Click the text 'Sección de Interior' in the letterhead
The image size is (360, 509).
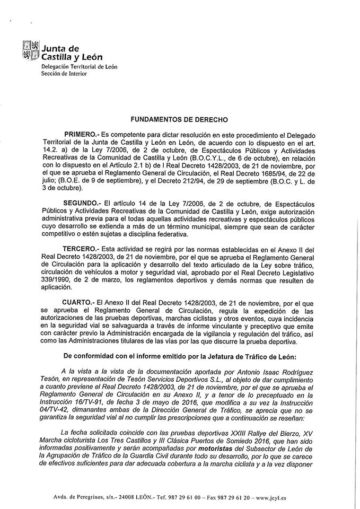pyautogui.click(x=64, y=74)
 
